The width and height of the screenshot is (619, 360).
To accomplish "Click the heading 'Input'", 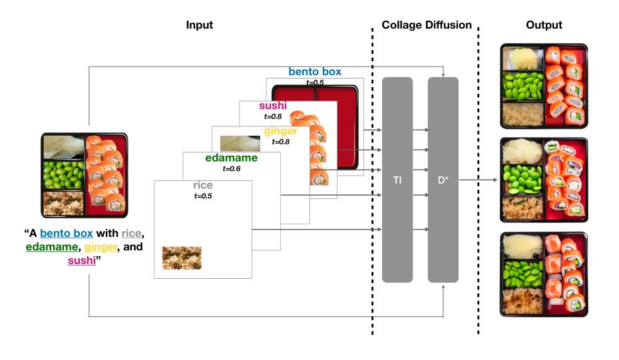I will click(x=200, y=25).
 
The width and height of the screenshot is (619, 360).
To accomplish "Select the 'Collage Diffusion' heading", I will click(x=426, y=25).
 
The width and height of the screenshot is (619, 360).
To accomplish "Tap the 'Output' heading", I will click(x=544, y=25).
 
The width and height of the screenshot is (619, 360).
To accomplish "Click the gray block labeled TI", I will click(x=397, y=180).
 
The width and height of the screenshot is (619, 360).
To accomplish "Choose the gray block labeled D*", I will click(x=443, y=180).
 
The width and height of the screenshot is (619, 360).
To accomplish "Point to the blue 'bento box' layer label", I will click(x=315, y=71).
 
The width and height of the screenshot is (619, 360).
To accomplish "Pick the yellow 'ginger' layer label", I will click(x=280, y=132).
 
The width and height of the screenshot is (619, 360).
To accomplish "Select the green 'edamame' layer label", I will click(x=231, y=158).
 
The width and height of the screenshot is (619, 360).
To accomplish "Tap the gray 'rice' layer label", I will click(x=203, y=185).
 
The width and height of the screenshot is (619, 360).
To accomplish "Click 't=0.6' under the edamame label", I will click(x=231, y=169).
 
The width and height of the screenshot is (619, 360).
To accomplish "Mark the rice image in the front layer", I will click(x=182, y=258).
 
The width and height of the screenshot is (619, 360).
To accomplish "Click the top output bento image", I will click(x=544, y=87).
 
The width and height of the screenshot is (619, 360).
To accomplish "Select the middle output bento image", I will click(x=544, y=180).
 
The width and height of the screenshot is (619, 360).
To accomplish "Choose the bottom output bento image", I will click(x=544, y=273).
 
